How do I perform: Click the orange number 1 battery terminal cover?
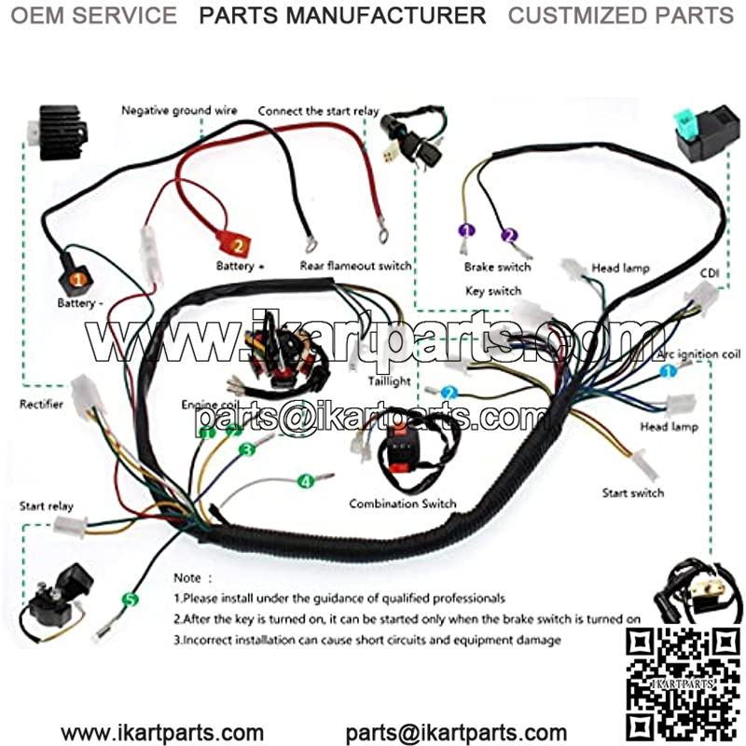pyautogui.click(x=77, y=277)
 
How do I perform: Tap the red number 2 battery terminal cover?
pyautogui.click(x=237, y=247)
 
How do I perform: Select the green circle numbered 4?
pyautogui.click(x=305, y=481)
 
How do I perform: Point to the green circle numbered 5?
pyautogui.click(x=130, y=600)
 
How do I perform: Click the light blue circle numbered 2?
pyautogui.click(x=450, y=393)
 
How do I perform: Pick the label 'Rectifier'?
pyautogui.click(x=42, y=404)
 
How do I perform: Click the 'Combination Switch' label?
pyautogui.click(x=403, y=504)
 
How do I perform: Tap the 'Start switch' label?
pyautogui.click(x=633, y=492)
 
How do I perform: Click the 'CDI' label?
pyautogui.click(x=711, y=274)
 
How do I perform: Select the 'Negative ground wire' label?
pyautogui.click(x=179, y=110)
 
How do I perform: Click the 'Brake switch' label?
pyautogui.click(x=497, y=267)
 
